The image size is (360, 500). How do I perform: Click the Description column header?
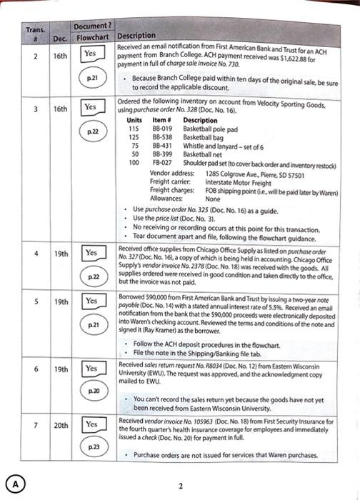point(136,36)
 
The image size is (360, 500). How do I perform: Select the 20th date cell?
point(61,425)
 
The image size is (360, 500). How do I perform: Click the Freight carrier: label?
point(169,180)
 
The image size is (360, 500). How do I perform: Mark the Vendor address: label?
point(171,172)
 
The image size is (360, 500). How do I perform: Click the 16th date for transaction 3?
point(61,109)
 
